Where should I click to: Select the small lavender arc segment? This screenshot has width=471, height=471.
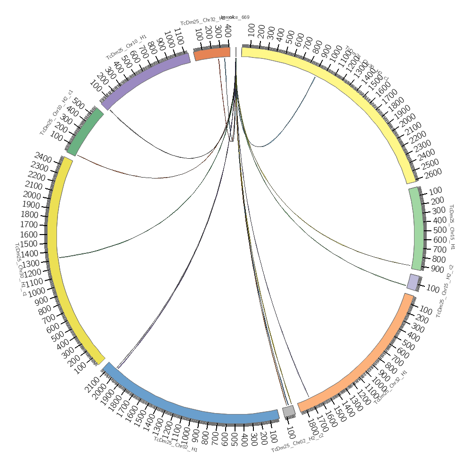pyautogui.click(x=413, y=281)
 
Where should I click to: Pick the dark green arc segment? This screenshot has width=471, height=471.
pyautogui.click(x=85, y=132)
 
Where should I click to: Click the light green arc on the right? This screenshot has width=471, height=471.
pyautogui.click(x=417, y=228)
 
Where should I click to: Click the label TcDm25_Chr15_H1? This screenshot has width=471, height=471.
pyautogui.click(x=452, y=227)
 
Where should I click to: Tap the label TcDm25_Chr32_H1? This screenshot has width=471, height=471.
pyautogui.click(x=390, y=387)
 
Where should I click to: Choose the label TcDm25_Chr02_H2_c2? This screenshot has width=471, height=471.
pyautogui.click(x=297, y=442)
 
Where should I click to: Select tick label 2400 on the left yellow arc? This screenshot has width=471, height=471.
pyautogui.click(x=44, y=158)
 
